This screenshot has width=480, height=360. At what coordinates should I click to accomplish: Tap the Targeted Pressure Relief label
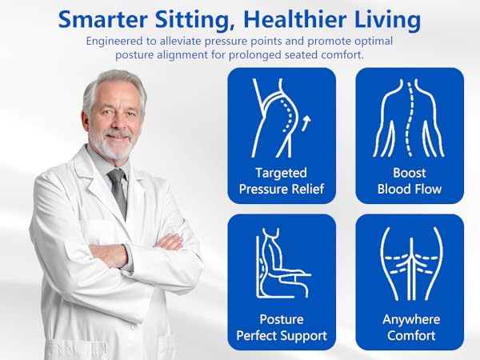tap(282, 181)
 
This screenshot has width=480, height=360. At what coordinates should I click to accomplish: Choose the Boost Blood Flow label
tap(410, 181)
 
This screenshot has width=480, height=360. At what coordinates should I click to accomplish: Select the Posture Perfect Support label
tap(282, 326)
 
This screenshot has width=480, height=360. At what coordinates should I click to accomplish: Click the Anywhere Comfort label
tap(410, 326)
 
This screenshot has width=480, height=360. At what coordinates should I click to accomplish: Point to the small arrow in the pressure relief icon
tap(306, 122)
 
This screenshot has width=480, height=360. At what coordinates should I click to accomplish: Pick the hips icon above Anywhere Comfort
tap(410, 264)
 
